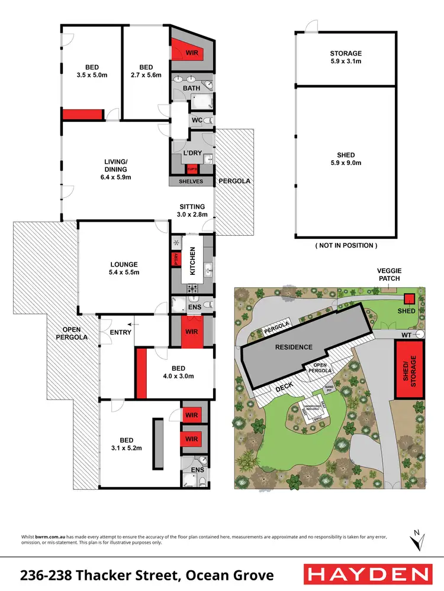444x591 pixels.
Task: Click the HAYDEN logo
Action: [x=366, y=574]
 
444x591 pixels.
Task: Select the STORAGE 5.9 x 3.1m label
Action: [x=346, y=57]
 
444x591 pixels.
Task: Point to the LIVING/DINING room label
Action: [x=115, y=169]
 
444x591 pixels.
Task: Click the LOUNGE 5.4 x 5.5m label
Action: [x=124, y=268]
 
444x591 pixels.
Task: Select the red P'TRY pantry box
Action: [x=176, y=258]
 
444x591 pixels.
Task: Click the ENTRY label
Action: [x=121, y=332]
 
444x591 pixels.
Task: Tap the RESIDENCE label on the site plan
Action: [x=293, y=347]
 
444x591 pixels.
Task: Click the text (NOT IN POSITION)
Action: [x=346, y=245]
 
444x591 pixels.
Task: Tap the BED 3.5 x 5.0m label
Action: [x=91, y=71]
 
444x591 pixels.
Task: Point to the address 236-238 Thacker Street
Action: [x=147, y=574]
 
